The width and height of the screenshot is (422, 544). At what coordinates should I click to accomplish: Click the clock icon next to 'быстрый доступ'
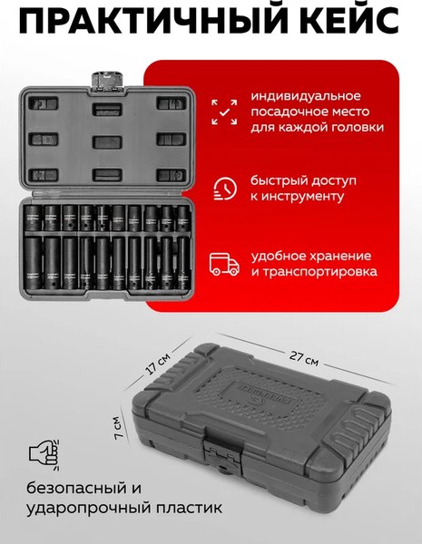click(x=223, y=188)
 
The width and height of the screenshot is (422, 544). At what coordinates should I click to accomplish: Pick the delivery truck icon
click(x=223, y=263)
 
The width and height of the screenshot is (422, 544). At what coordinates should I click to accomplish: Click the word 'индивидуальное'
click(x=307, y=96)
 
